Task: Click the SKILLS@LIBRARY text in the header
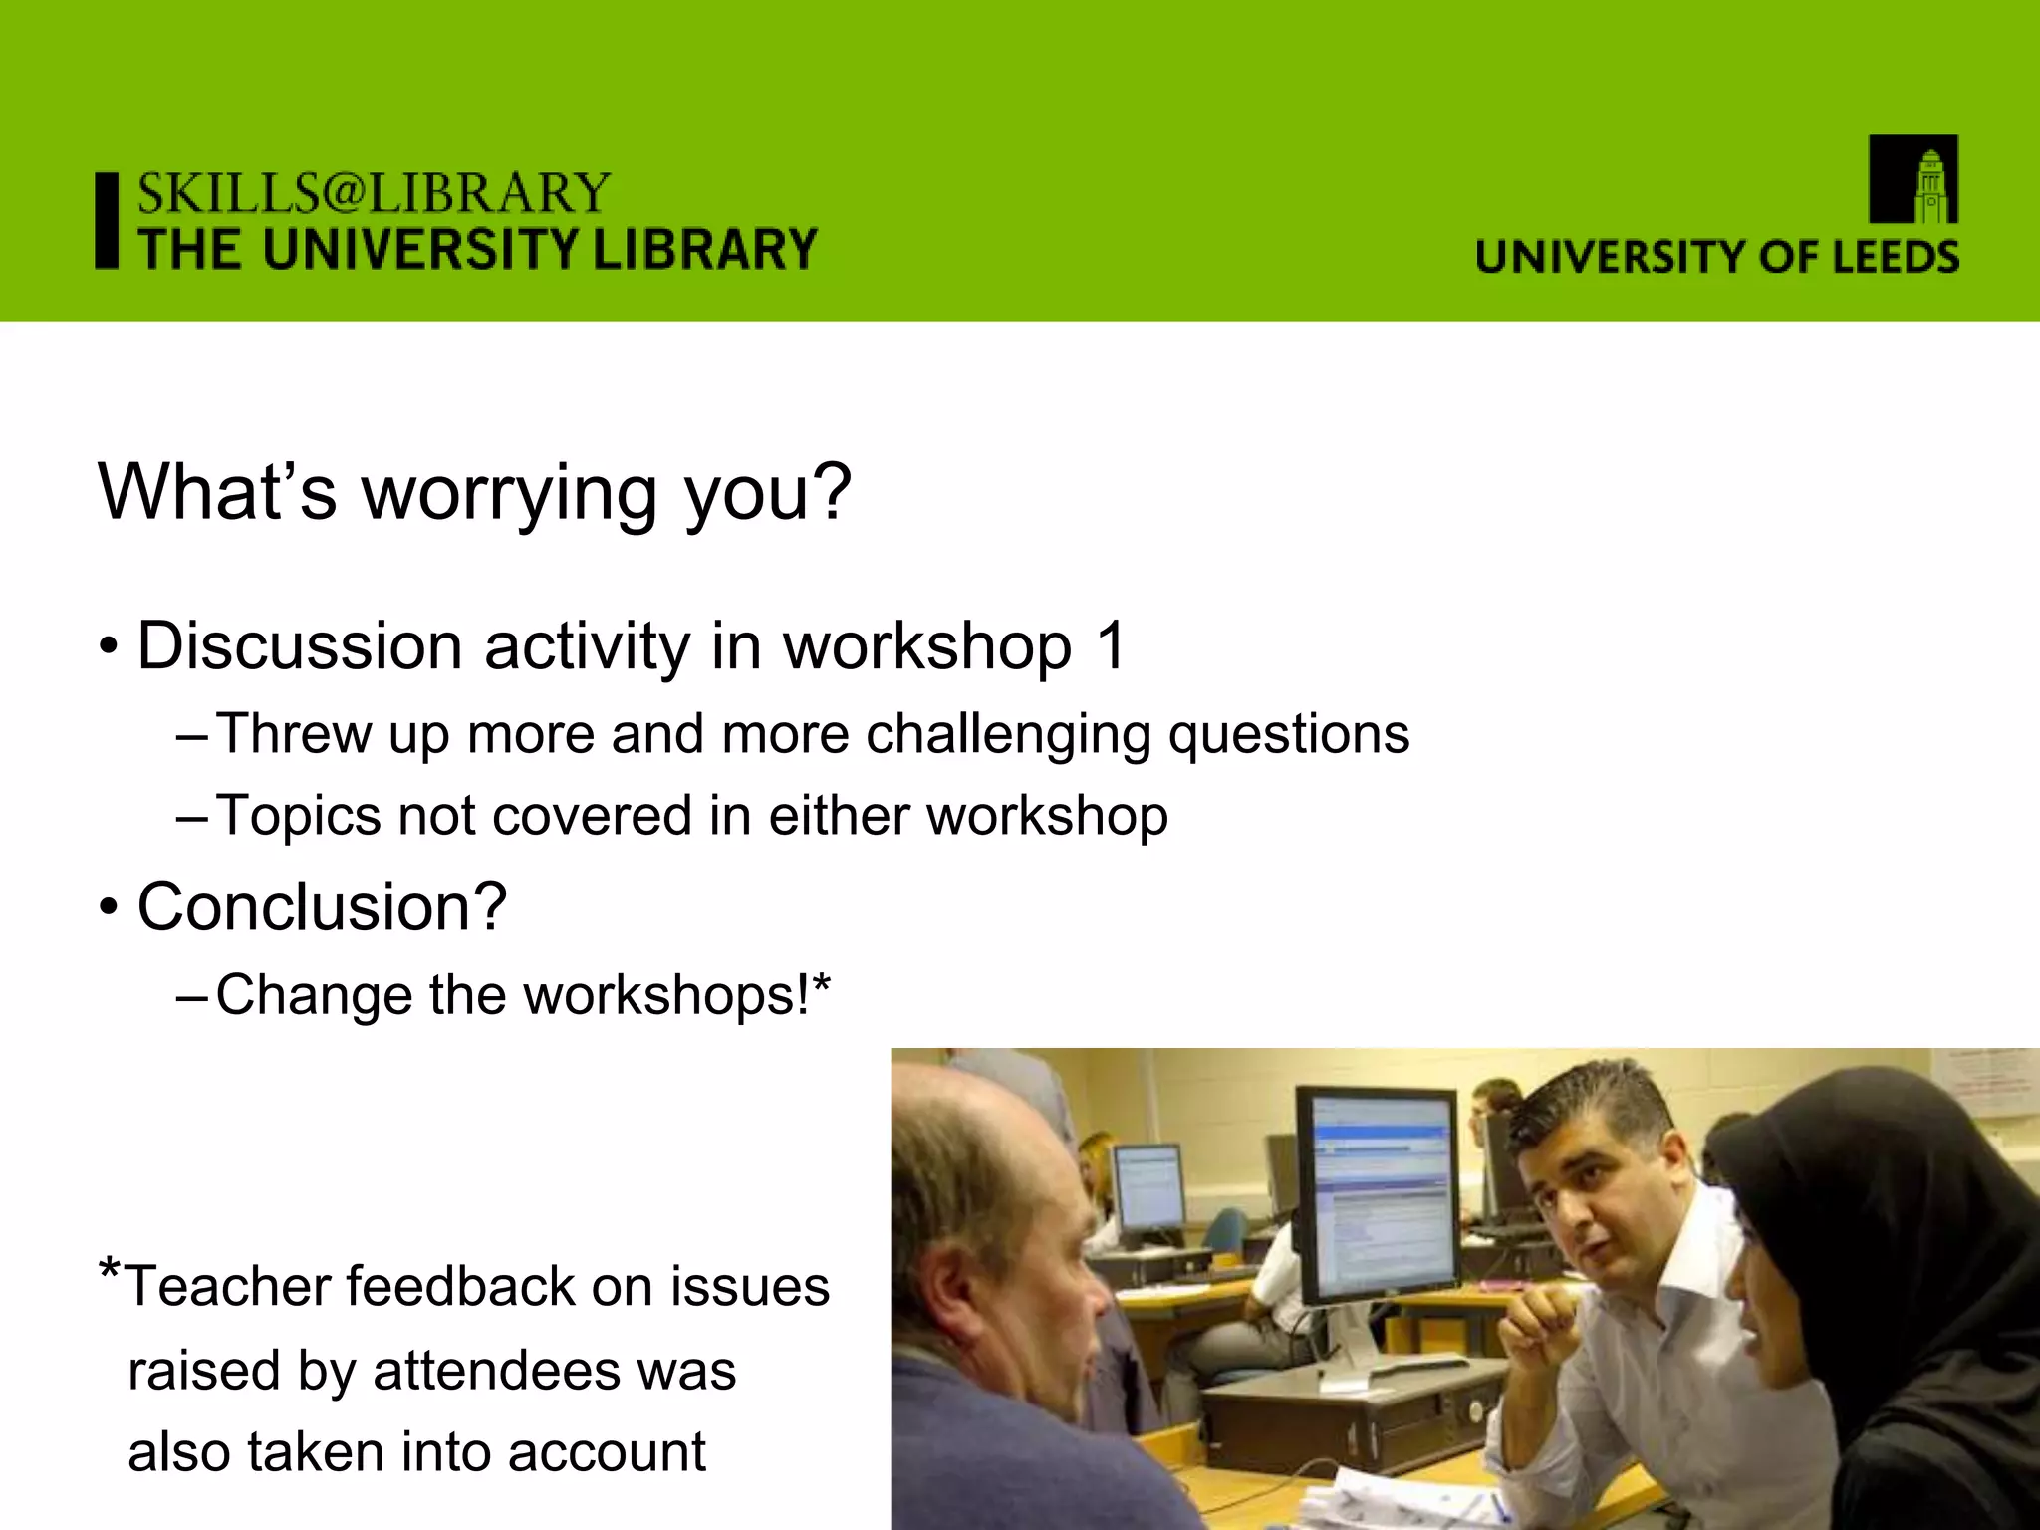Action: [x=374, y=193]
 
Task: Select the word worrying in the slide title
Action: [x=509, y=493]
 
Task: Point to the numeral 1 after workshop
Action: [x=1111, y=646]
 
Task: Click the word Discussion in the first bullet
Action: [x=299, y=646]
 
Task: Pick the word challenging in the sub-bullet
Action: [x=1007, y=736]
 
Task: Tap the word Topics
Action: [x=298, y=817]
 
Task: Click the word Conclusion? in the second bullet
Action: [x=322, y=907]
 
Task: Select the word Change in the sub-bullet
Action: [x=313, y=995]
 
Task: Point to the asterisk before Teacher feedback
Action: [x=110, y=1270]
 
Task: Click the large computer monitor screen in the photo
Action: [x=1381, y=1194]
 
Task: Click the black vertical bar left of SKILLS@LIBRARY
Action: [x=107, y=221]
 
